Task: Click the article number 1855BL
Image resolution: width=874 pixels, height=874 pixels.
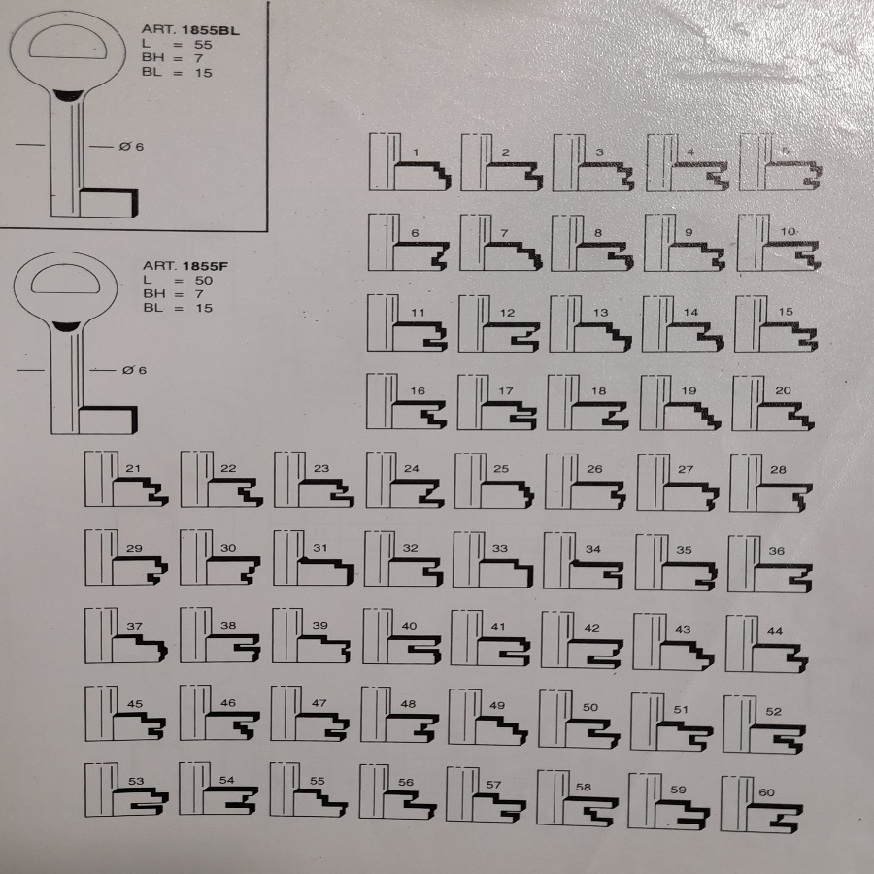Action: point(210,30)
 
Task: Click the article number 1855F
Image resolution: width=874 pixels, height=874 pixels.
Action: point(205,266)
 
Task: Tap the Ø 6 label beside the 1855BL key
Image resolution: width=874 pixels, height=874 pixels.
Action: point(131,147)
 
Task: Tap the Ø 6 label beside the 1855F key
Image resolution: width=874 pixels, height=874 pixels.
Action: point(134,370)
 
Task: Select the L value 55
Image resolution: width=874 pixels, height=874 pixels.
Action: point(204,45)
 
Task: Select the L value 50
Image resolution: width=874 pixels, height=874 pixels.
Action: point(204,281)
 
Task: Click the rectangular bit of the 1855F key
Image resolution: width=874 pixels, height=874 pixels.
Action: point(108,420)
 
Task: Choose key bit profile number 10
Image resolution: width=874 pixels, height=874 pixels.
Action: point(778,243)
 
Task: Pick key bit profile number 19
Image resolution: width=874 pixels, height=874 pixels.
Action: point(680,403)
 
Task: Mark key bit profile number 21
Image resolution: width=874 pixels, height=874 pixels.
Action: point(126,480)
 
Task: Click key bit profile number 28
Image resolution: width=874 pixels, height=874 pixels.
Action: point(771,484)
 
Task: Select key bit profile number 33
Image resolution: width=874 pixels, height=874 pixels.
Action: point(492,560)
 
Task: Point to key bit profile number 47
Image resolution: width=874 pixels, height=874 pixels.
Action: point(310,714)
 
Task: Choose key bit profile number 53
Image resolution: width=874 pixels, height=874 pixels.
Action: point(126,790)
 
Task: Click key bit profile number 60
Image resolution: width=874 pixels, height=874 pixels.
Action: point(762,805)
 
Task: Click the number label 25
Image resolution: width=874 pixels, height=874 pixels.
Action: point(501,469)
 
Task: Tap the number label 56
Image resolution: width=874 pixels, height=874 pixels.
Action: point(406,782)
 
